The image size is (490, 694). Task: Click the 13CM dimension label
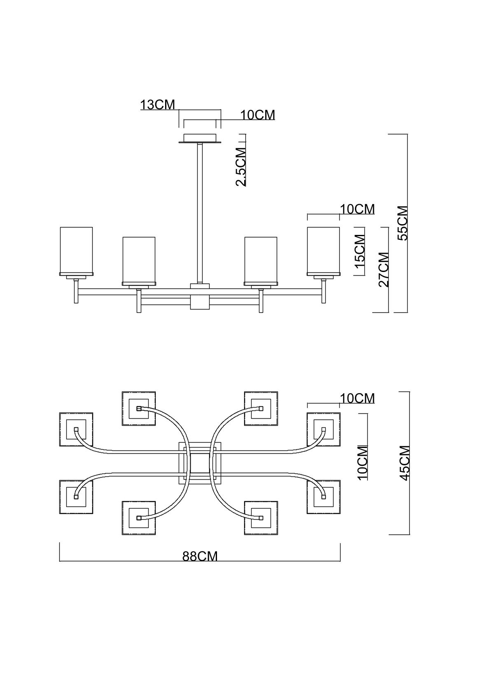click(157, 105)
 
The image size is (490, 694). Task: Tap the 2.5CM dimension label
click(241, 166)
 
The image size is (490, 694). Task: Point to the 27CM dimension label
click(383, 270)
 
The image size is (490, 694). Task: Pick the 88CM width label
click(200, 556)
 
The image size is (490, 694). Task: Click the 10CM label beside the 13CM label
click(258, 115)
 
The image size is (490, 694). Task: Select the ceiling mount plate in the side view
click(200, 138)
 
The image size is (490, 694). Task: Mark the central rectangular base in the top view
click(200, 463)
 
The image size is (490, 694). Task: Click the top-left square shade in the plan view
click(139, 408)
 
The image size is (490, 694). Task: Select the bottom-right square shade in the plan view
click(261, 518)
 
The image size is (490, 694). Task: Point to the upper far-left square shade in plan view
click(76, 429)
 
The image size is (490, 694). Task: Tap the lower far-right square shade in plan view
click(323, 497)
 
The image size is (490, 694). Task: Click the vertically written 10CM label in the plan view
click(362, 463)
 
